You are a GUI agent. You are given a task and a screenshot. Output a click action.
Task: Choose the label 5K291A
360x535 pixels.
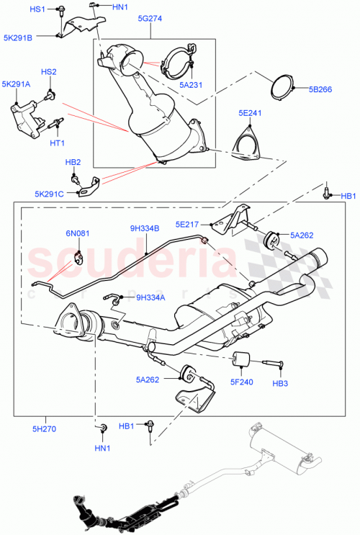(x=16, y=84)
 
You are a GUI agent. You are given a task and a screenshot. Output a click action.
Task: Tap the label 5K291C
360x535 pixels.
(x=49, y=193)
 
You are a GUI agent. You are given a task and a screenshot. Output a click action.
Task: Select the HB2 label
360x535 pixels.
(x=73, y=162)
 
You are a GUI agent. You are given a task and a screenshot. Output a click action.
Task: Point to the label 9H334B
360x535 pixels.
(x=145, y=229)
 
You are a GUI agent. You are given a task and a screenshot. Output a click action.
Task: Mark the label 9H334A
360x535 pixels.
(x=150, y=297)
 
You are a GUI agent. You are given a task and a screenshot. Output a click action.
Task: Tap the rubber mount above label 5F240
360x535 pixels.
(x=240, y=359)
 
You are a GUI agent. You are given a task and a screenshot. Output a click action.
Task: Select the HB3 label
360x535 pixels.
(x=279, y=382)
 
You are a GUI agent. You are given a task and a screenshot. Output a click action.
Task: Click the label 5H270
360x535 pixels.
(x=44, y=429)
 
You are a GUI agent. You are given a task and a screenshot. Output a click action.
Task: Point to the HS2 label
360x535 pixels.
(x=48, y=73)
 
